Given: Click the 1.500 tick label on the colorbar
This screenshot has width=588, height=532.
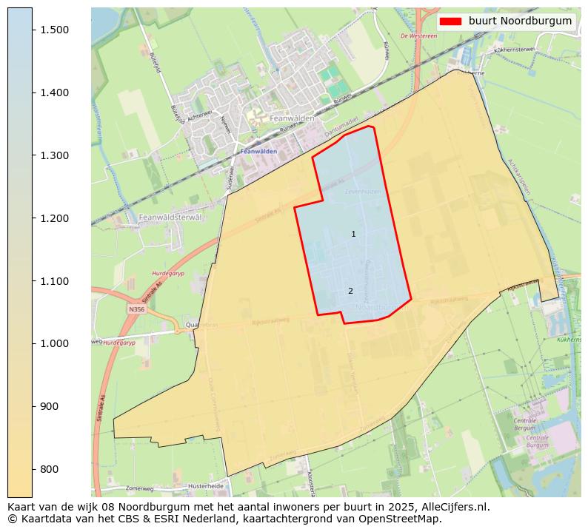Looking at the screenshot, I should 53,30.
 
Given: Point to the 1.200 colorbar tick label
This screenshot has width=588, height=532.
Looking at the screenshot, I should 53,218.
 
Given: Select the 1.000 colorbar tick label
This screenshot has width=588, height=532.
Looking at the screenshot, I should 53,344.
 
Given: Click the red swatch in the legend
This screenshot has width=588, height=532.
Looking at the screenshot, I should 450,21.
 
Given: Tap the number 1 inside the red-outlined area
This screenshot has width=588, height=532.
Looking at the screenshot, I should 353,235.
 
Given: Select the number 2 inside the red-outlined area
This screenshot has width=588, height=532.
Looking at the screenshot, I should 350,292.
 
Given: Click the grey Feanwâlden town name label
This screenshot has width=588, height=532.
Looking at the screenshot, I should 292,118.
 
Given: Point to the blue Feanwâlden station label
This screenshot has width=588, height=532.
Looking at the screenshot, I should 258,151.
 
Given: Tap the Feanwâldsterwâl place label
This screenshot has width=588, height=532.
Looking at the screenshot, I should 170,218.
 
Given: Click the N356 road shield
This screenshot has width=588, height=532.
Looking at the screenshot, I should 136,309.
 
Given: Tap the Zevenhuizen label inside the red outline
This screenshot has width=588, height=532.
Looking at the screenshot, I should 362,192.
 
